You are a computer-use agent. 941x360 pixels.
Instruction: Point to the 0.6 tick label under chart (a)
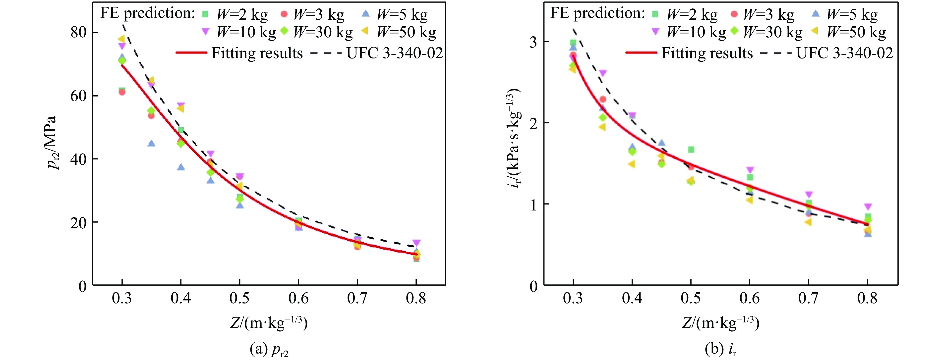tap(298, 299)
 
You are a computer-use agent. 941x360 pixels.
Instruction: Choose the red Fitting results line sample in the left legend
tap(191, 52)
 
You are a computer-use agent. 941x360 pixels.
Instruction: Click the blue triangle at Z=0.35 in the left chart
tap(151, 143)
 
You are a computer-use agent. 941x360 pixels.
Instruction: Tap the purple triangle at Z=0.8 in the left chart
tap(416, 243)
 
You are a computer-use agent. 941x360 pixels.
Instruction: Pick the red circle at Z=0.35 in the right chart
tap(603, 99)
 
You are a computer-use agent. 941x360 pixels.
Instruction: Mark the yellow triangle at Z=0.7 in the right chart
tap(808, 222)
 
